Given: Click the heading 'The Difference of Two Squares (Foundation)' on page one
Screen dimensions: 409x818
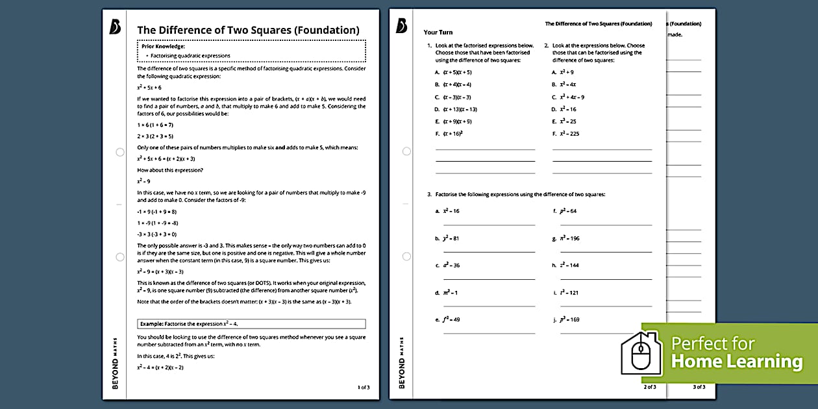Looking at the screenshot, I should pos(248,30).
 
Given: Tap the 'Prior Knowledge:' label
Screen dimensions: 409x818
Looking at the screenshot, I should pos(164,46).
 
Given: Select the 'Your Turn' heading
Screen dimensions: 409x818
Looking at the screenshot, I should pos(438,32).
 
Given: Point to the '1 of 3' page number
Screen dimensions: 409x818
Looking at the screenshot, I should pos(364,387).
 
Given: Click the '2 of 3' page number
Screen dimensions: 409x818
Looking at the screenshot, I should pos(649,387).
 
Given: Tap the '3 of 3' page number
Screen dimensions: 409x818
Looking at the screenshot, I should pos(699,387).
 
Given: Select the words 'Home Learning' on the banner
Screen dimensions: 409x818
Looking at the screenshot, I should pos(736,362).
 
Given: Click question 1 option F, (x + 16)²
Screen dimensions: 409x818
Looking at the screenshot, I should pos(452,134).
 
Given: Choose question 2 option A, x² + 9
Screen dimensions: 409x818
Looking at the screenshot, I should pos(562,72).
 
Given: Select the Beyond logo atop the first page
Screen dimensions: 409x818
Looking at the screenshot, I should pos(116,27).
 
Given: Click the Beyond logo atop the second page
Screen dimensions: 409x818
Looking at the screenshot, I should pos(401,25).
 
